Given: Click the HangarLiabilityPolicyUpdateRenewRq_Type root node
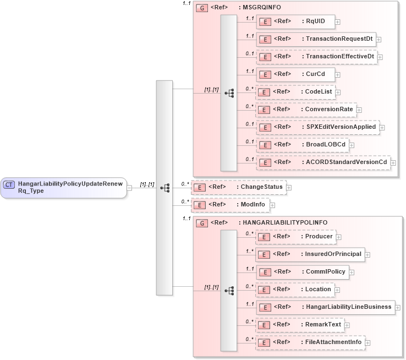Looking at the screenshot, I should [x=63, y=187].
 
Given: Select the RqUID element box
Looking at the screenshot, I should [x=295, y=21].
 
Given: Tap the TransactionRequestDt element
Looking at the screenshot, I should [x=316, y=39].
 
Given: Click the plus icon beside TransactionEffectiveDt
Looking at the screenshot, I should [x=380, y=57].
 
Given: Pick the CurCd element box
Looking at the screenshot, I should [x=295, y=74].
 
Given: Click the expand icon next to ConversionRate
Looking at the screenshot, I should [x=359, y=110].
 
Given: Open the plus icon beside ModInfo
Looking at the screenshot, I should [x=272, y=205].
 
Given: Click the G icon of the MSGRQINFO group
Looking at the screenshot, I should [x=202, y=8].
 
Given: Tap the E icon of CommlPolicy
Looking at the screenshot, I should [x=265, y=272].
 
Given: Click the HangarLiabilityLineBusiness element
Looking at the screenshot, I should [x=325, y=307].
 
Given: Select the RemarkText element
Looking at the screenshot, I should [x=300, y=325].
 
